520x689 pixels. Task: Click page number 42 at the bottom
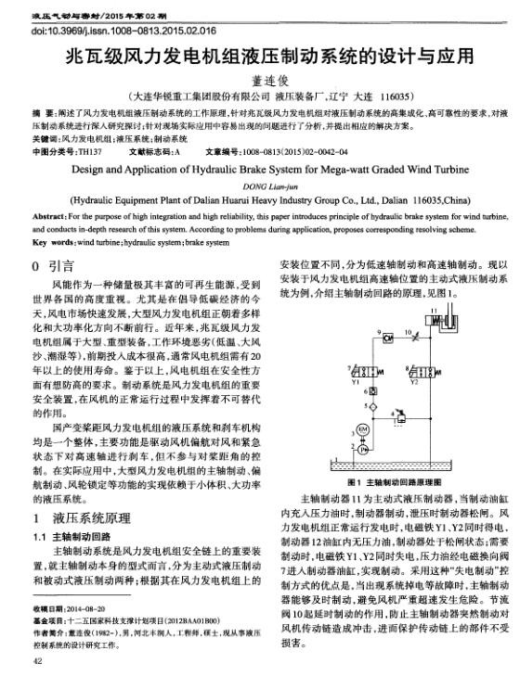(37, 662)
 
